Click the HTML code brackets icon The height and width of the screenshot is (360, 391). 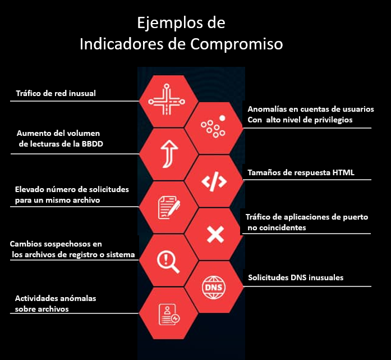click(x=214, y=181)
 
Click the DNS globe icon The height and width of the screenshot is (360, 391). click(x=214, y=287)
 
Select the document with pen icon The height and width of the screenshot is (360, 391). click(x=167, y=207)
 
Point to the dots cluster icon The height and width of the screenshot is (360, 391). click(x=214, y=127)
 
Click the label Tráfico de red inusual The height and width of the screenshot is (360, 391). click(x=56, y=94)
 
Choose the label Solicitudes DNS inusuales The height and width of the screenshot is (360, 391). click(x=295, y=277)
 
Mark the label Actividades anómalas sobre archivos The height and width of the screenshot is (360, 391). click(x=55, y=304)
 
